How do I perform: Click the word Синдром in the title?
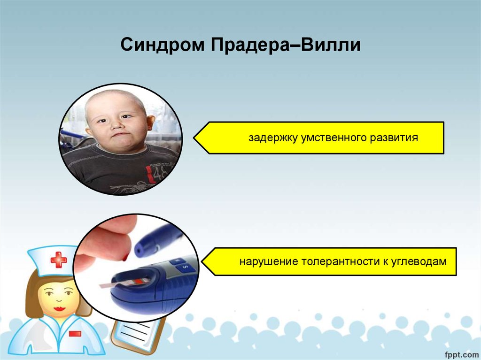click(162, 45)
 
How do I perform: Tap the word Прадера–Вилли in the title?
click(286, 45)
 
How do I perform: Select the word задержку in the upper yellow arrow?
click(273, 138)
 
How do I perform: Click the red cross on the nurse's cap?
click(59, 260)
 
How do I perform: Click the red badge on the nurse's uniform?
click(75, 334)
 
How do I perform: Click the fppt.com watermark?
click(461, 354)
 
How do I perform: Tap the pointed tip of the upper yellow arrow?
click(194, 138)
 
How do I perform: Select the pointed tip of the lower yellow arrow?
click(202, 262)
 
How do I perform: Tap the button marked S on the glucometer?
click(185, 268)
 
